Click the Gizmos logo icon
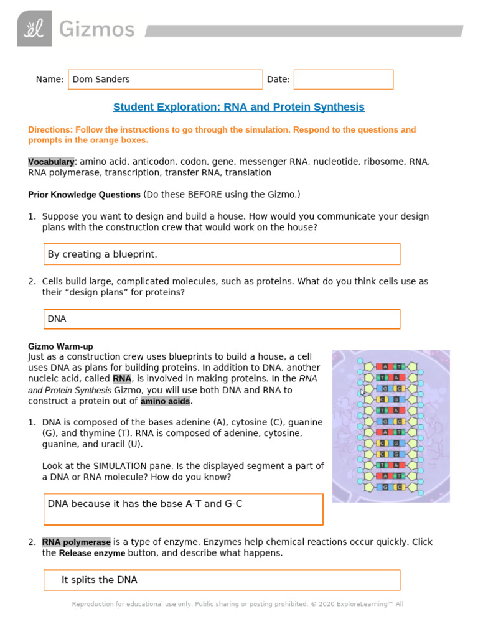(34, 29)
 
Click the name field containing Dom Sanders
(165, 80)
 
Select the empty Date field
(344, 80)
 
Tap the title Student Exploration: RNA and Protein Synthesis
(238, 107)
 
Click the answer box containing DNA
(222, 319)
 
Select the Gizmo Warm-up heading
(60, 346)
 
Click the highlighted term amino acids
(164, 401)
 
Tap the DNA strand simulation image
(390, 426)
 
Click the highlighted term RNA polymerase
(76, 542)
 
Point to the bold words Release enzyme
(91, 553)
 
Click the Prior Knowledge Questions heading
(84, 195)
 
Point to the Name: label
(50, 80)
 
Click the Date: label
(278, 80)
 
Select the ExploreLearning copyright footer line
(238, 604)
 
